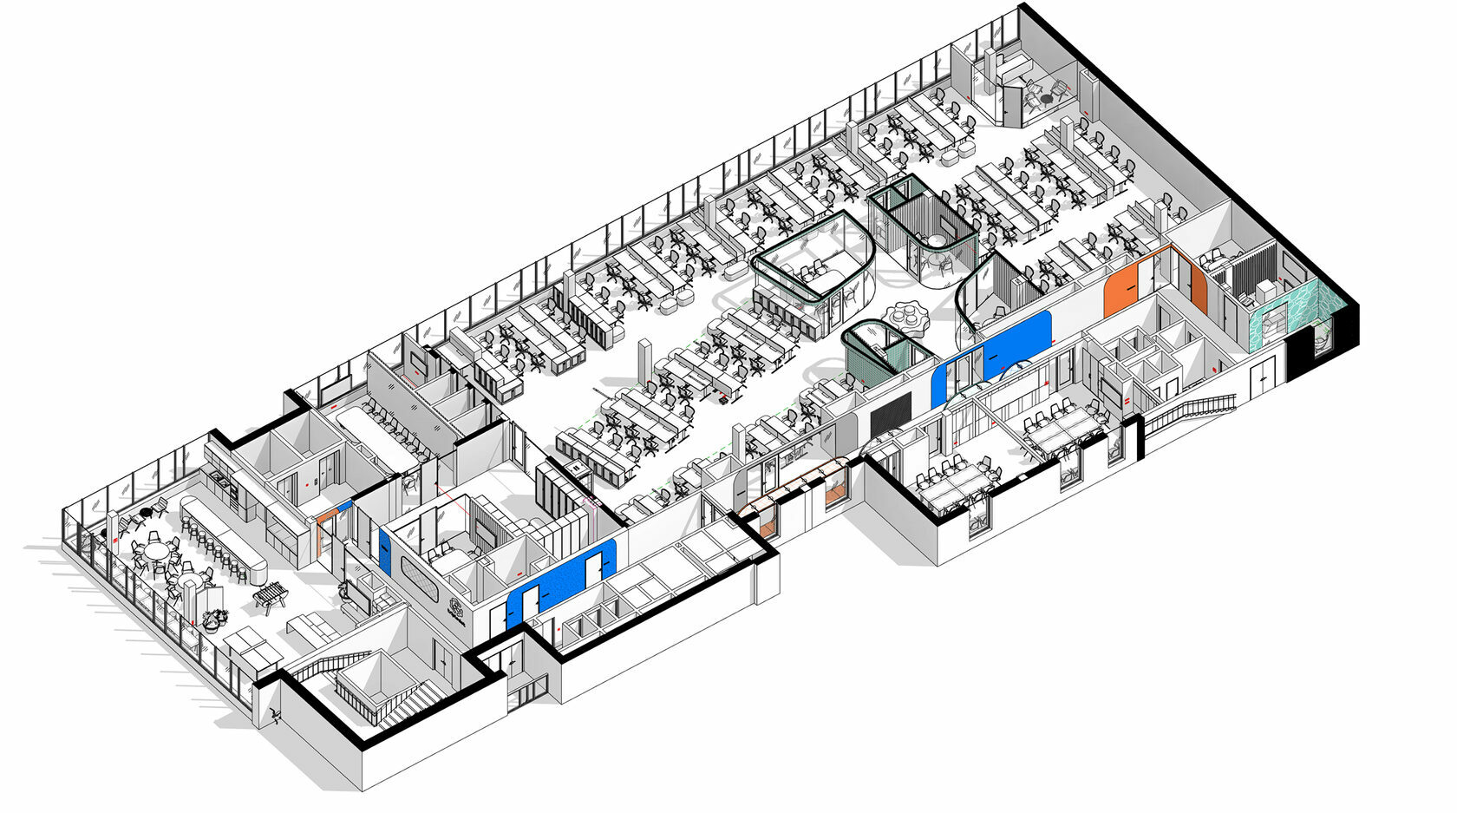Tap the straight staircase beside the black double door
tap(1188, 411)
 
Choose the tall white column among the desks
tap(646, 364)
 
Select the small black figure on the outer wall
tap(275, 716)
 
